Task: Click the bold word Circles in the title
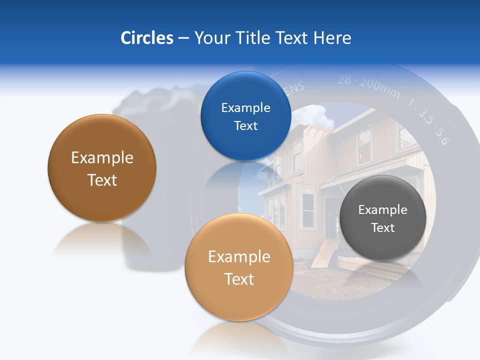pos(146,37)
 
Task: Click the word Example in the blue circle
pos(245,107)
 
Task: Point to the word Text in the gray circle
pos(382,228)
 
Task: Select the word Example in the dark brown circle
pos(102,158)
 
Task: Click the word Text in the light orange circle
pos(239,279)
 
